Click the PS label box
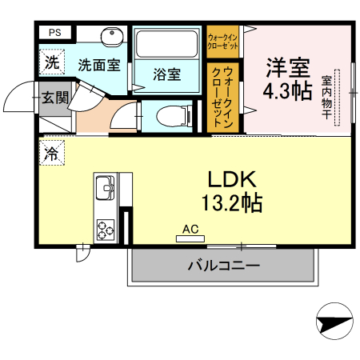(x=55, y=33)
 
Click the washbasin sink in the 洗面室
(x=110, y=38)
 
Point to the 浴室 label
(x=167, y=75)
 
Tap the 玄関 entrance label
(x=55, y=98)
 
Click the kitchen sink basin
(x=105, y=189)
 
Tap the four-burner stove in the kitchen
(x=105, y=228)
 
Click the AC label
(x=190, y=229)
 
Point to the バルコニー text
(x=222, y=266)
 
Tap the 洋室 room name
(x=287, y=67)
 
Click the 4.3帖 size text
(x=287, y=90)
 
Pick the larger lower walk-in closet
(x=224, y=96)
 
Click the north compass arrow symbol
(x=334, y=324)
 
